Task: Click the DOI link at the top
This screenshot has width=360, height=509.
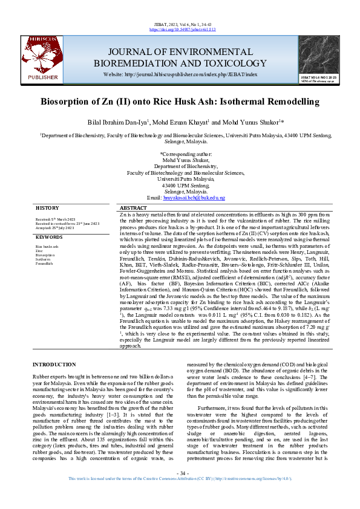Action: coord(180,28)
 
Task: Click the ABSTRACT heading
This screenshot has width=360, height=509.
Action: coord(134,207)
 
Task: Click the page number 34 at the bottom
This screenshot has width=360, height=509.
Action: coord(180,488)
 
